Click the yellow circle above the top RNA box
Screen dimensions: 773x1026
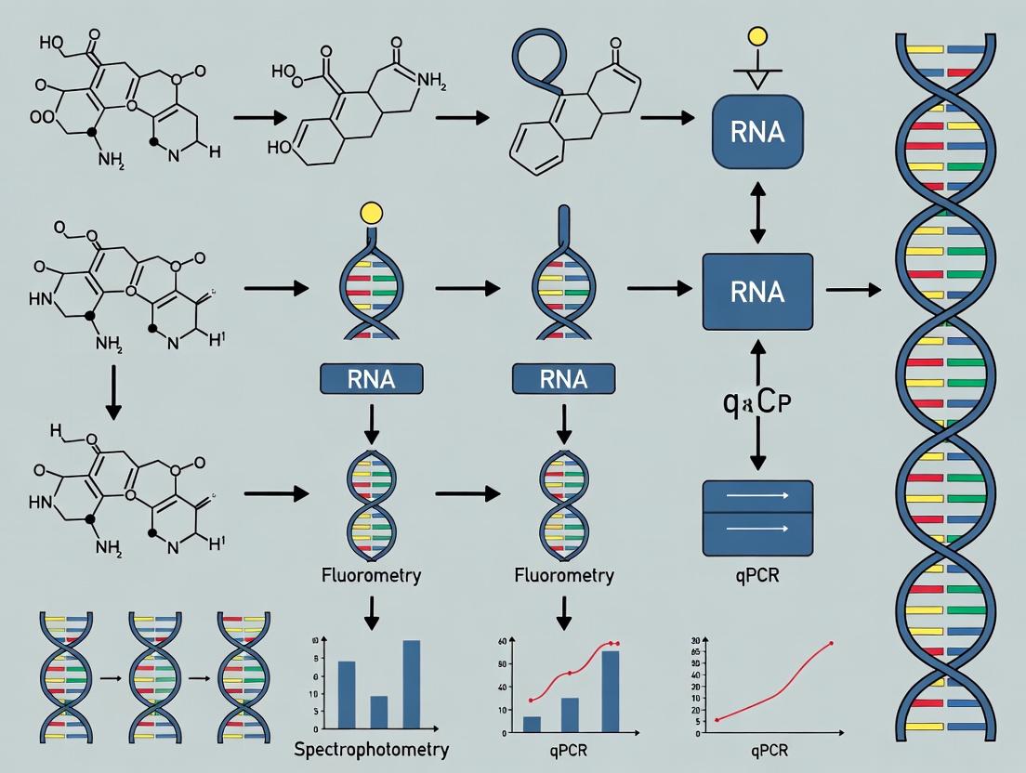758,37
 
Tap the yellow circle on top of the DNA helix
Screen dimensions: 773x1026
372,213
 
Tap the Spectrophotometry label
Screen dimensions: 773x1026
371,749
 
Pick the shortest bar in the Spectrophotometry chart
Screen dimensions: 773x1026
378,713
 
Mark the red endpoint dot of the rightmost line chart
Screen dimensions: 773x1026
831,643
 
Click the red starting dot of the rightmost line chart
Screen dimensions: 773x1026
717,720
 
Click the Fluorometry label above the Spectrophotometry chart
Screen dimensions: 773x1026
371,575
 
